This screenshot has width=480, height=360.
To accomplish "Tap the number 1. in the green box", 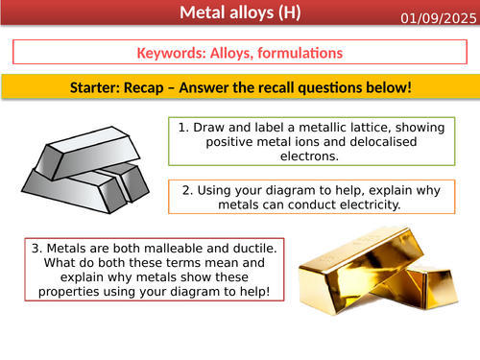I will (184, 126).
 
